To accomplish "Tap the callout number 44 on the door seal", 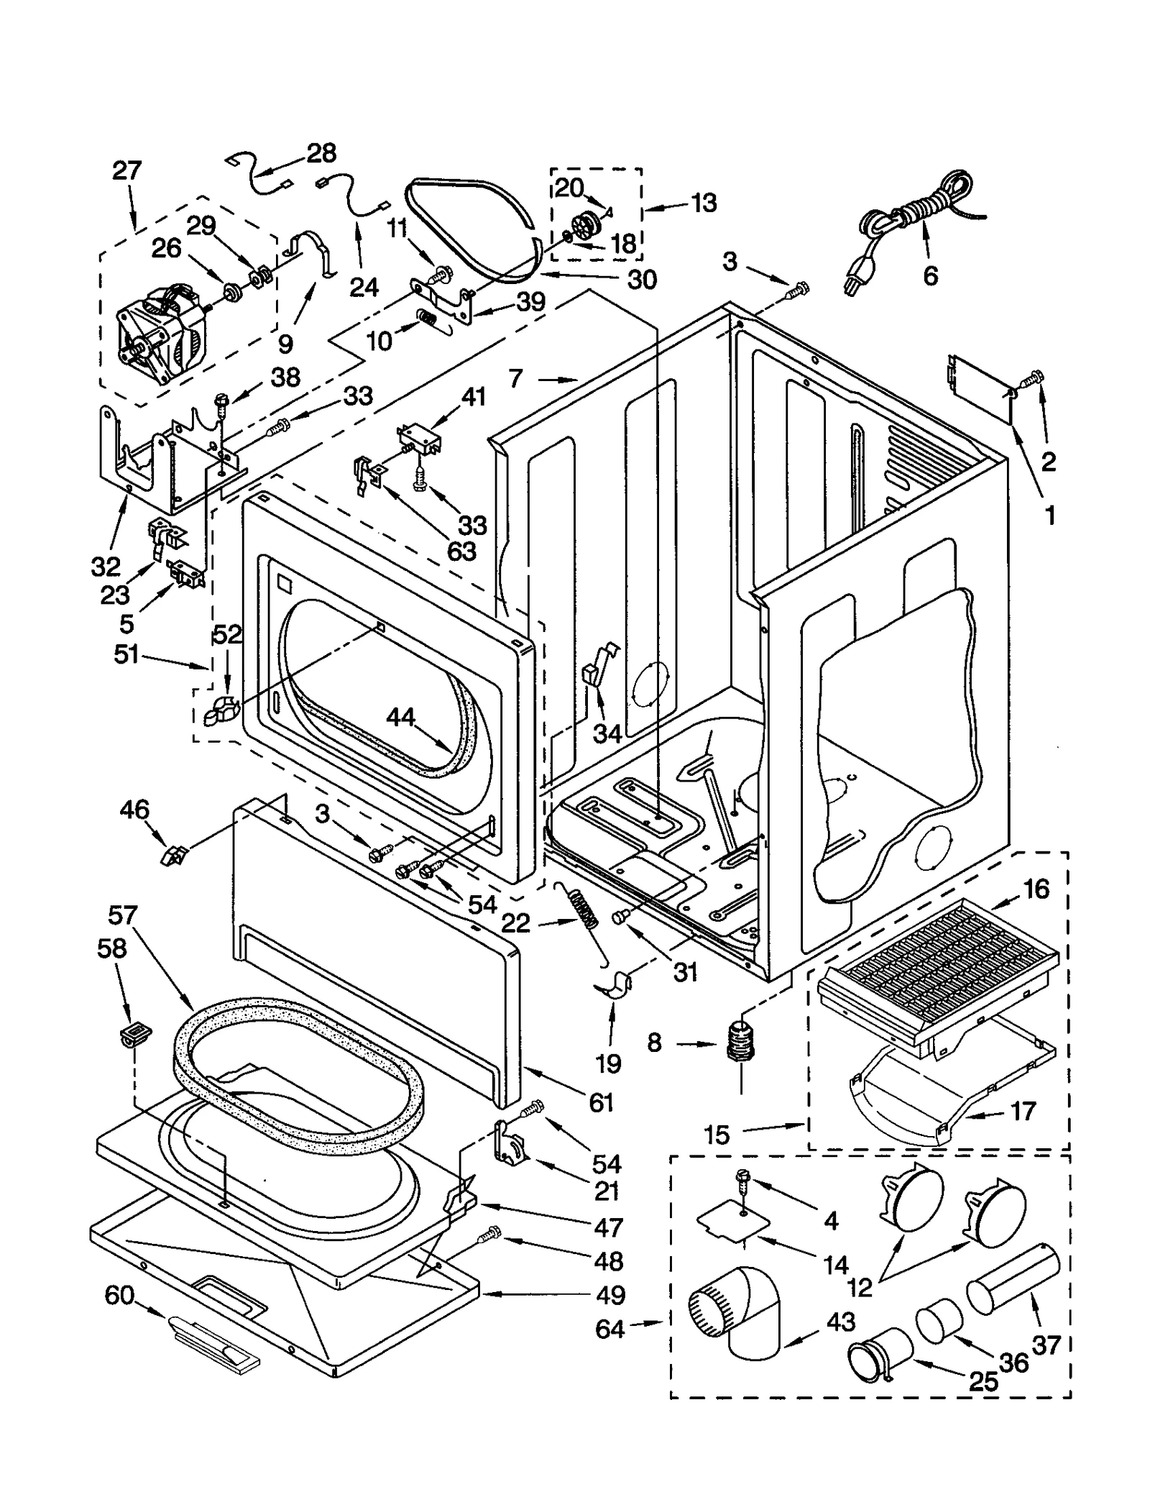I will pyautogui.click(x=400, y=717).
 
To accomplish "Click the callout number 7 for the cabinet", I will pyautogui.click(x=515, y=378).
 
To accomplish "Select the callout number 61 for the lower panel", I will pyautogui.click(x=601, y=1102).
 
